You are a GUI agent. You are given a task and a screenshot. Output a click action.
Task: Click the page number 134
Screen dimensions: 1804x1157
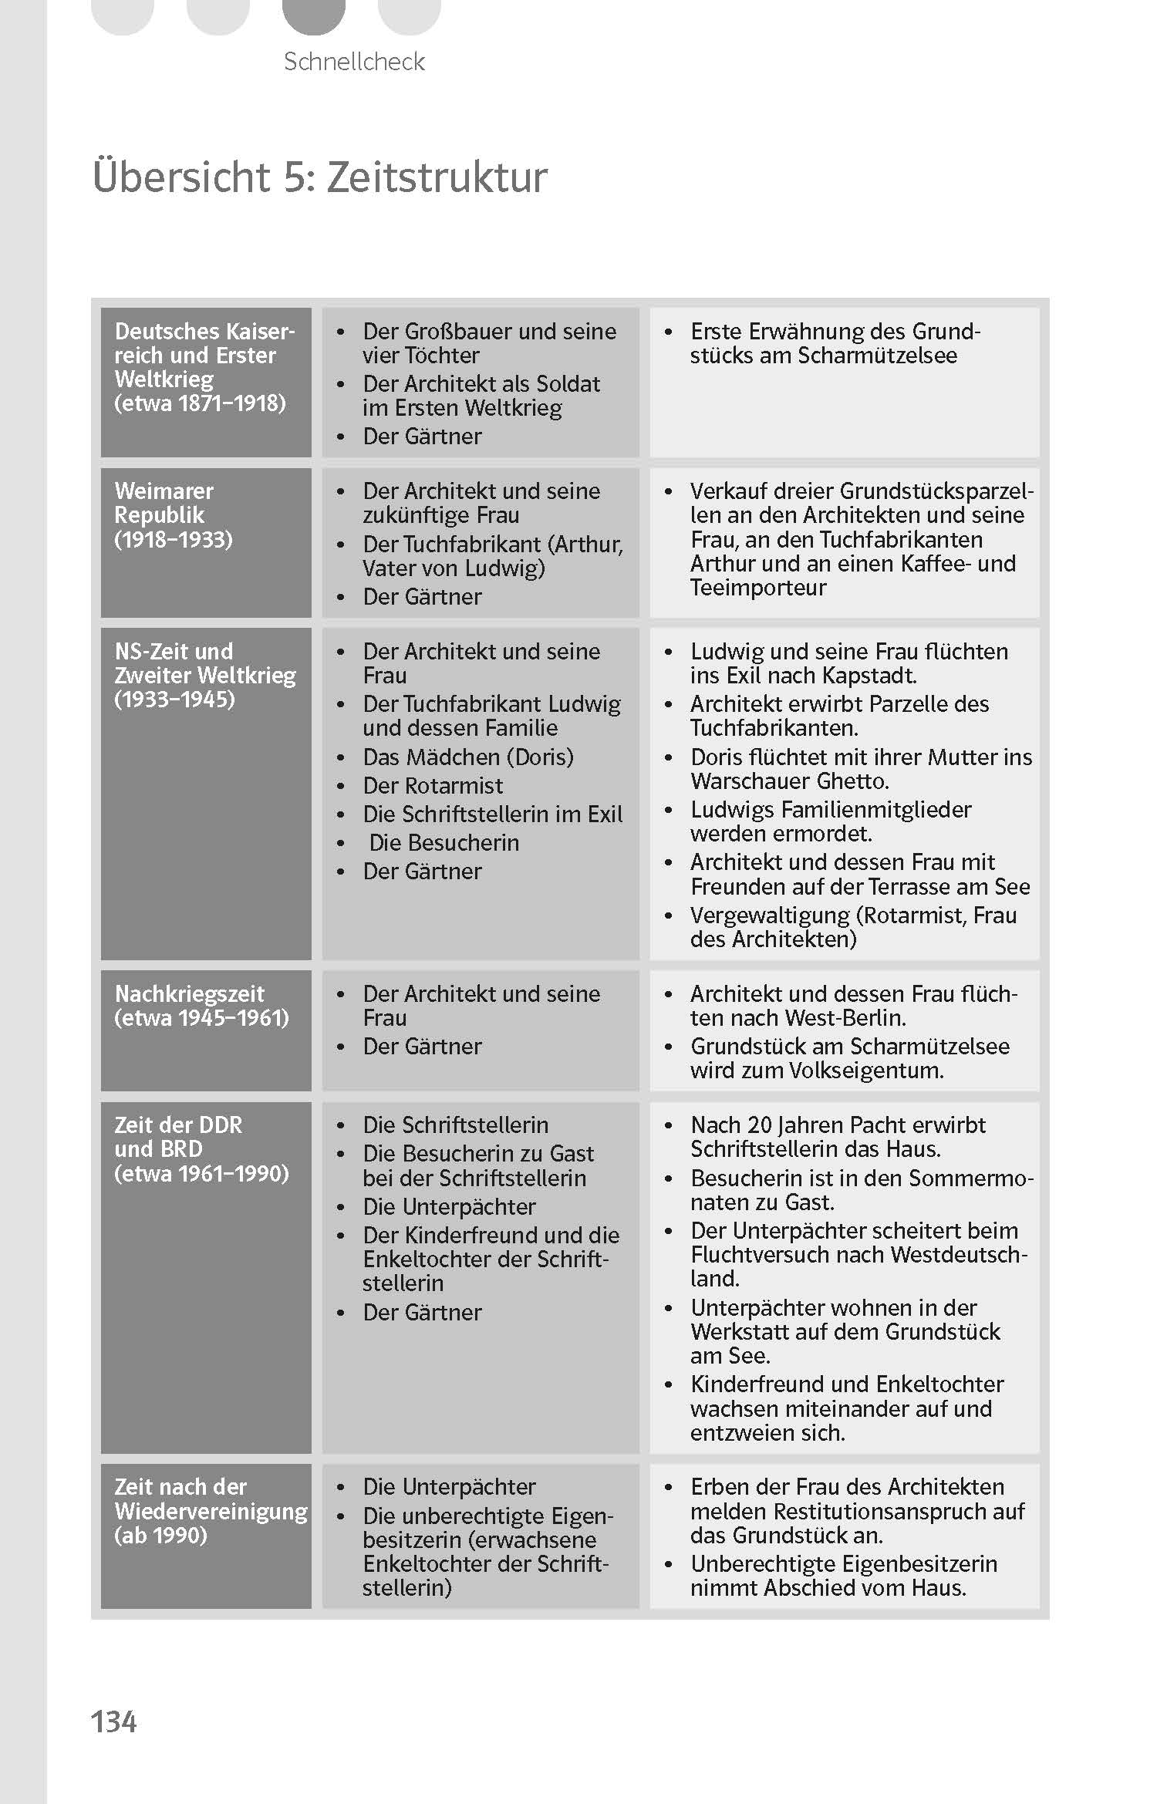point(113,1721)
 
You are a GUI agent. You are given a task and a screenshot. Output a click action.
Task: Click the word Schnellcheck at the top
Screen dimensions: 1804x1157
point(354,62)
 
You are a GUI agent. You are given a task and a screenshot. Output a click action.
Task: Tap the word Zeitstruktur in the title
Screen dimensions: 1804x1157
point(437,177)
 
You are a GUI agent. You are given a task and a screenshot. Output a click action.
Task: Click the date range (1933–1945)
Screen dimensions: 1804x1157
point(174,700)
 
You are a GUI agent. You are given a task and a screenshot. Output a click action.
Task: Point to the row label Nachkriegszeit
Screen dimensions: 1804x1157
point(189,993)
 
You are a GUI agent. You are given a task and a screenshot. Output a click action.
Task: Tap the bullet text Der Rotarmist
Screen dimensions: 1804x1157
point(433,785)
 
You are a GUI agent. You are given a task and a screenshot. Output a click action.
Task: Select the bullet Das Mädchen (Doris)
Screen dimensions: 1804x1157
point(468,757)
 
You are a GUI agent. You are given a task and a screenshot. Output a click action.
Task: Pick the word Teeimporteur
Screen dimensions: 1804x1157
point(757,588)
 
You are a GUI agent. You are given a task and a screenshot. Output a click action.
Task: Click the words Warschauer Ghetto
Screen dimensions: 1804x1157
point(789,781)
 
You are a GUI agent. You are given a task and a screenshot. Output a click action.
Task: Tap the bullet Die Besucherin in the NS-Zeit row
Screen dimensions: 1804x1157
point(444,842)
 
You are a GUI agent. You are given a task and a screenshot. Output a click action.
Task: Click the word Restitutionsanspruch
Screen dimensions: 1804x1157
point(882,1511)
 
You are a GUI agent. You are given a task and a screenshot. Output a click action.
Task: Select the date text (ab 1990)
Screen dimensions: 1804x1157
point(160,1536)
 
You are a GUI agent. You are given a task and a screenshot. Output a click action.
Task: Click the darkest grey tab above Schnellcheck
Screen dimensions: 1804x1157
point(313,15)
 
